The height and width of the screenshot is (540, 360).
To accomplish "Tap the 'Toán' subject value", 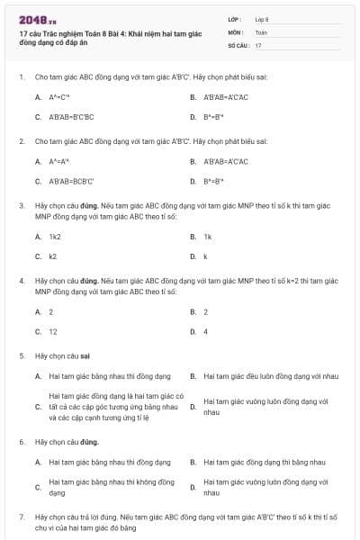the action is point(261,31).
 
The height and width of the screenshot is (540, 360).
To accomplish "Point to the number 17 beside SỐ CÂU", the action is point(258,44).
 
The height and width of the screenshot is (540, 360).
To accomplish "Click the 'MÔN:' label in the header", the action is point(236,31).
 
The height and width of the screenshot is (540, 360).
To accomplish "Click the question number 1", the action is point(21,77).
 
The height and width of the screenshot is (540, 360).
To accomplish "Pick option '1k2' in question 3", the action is point(55,237).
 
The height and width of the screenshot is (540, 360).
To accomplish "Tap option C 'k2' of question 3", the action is point(53,256).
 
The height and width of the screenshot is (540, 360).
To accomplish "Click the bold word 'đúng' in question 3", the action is point(89,206).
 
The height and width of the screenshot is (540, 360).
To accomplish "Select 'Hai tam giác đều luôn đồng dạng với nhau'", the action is point(271,375).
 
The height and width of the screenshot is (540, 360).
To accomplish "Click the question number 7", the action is point(21,517).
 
